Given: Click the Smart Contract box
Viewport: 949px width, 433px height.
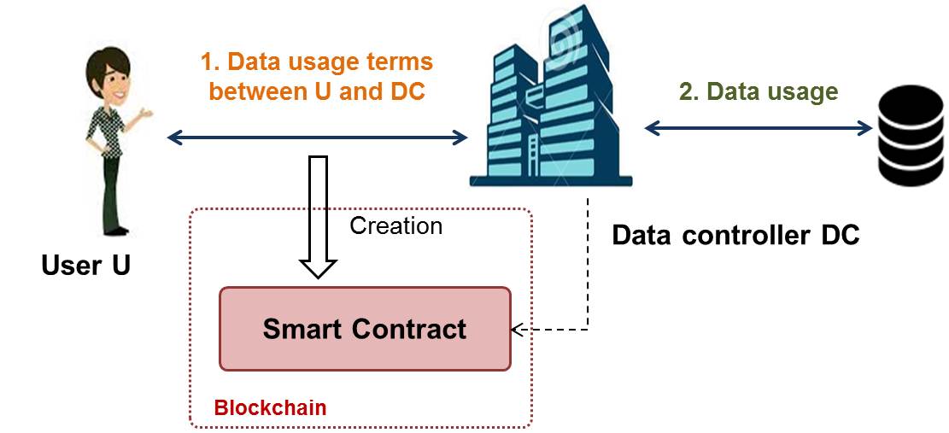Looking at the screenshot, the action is [365, 328].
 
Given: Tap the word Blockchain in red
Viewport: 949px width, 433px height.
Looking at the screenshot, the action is [270, 407].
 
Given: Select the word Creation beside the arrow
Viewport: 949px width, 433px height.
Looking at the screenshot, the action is [395, 225].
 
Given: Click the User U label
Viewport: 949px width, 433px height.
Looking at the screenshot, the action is [86, 265].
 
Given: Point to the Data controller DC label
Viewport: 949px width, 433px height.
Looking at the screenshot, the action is [735, 235].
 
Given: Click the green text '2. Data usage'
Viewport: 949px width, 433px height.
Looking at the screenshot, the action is [759, 91].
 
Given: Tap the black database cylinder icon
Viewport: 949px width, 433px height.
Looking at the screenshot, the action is [910, 135].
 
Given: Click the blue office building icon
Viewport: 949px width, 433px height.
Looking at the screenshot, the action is [551, 97].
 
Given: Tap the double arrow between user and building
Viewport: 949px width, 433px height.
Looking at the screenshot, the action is [317, 138].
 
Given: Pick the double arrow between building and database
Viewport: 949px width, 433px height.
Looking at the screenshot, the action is [759, 127].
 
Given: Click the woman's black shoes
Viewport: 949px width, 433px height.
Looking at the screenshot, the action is [115, 231].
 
